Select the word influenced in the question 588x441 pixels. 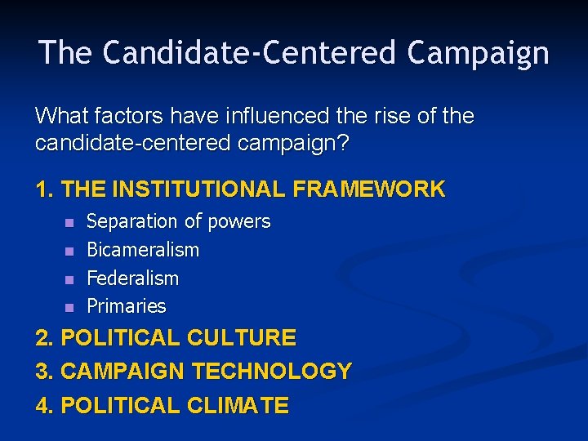click(275, 116)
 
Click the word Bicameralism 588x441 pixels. click(143, 250)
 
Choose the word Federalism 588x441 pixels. click(132, 278)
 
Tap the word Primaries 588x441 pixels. click(127, 307)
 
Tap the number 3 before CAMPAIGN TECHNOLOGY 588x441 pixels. click(43, 372)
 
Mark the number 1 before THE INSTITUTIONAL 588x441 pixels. click(43, 189)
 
